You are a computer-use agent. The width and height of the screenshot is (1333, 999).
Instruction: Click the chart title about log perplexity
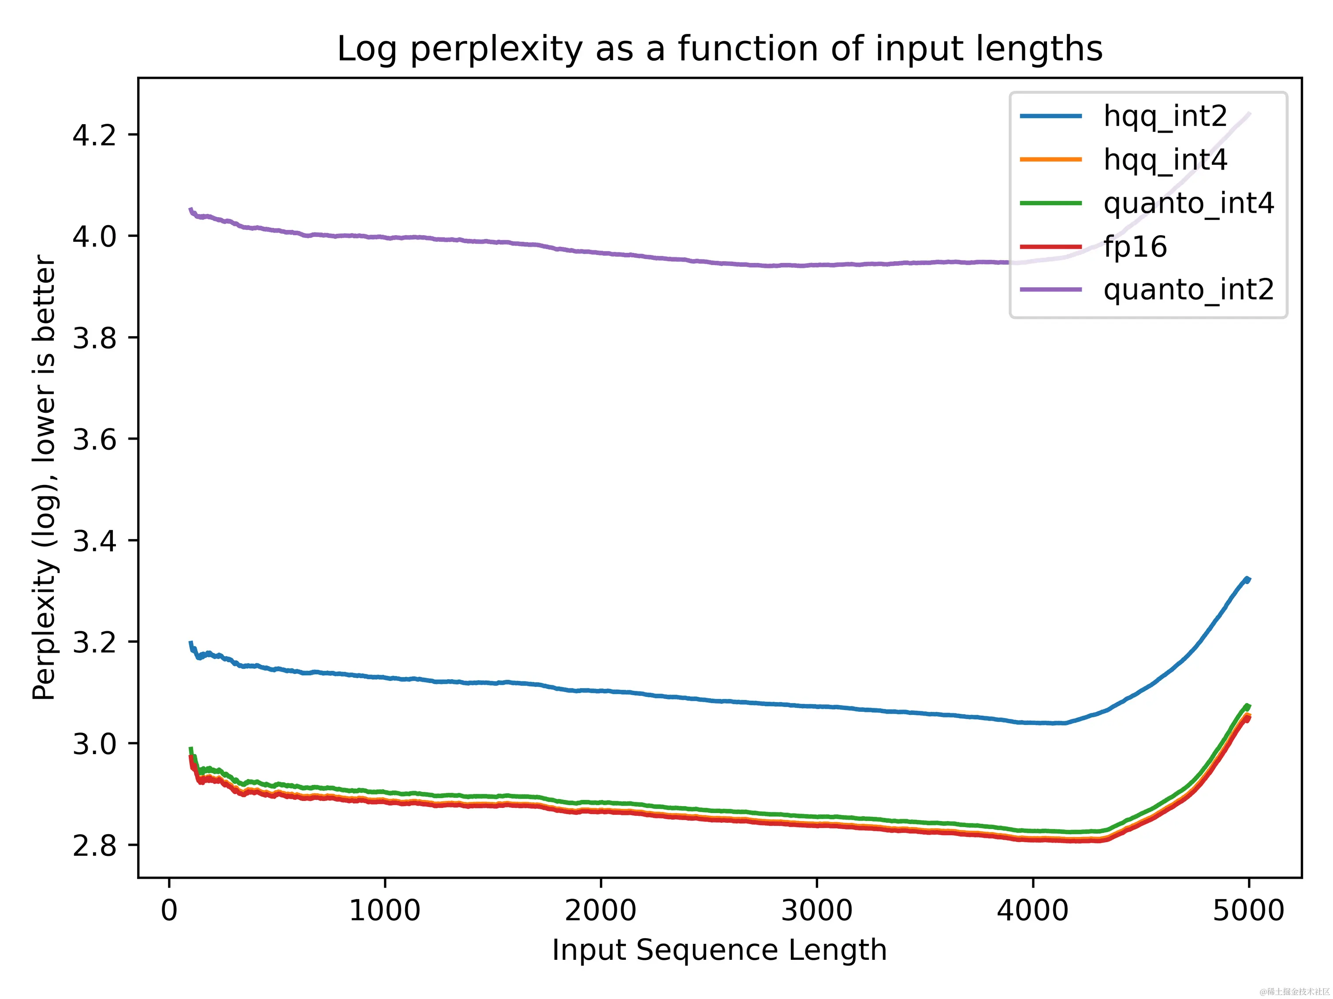[719, 49]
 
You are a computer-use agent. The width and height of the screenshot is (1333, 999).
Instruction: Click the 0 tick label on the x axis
[169, 910]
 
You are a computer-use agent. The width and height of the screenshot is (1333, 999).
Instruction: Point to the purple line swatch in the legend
[1050, 290]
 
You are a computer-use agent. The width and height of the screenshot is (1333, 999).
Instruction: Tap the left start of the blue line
[190, 643]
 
